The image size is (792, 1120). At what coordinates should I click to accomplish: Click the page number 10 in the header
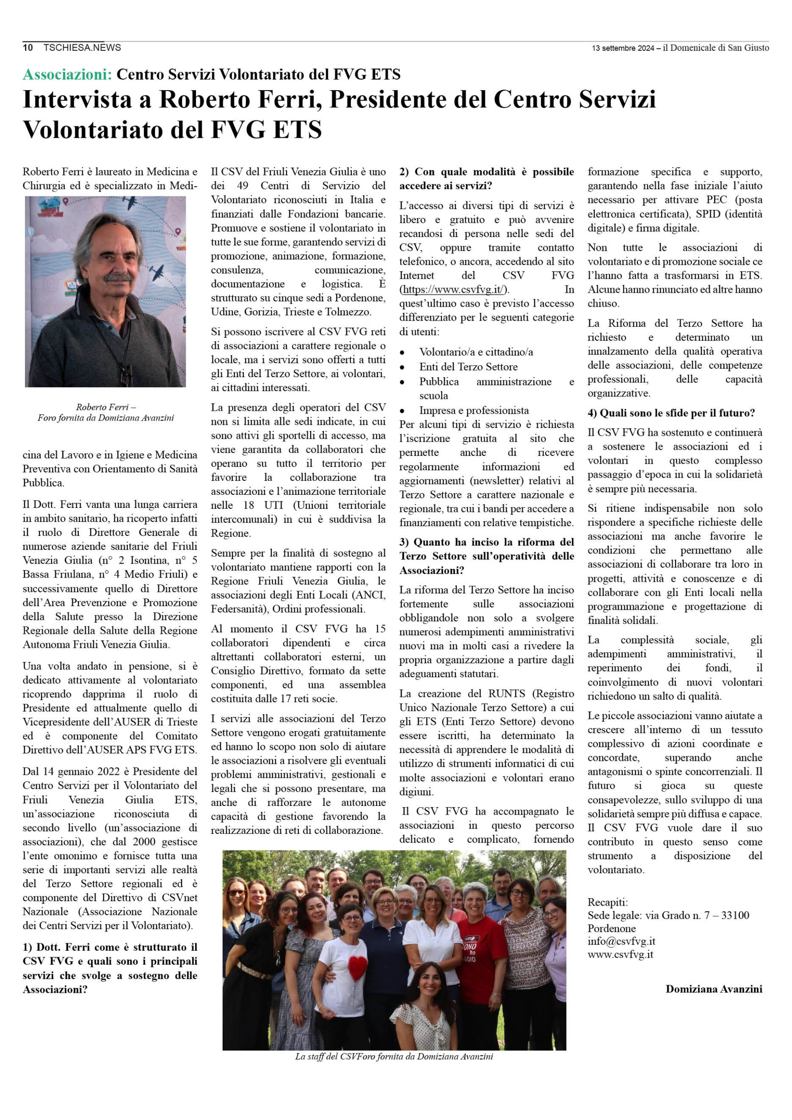click(28, 47)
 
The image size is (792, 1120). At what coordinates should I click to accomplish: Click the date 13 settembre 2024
click(623, 48)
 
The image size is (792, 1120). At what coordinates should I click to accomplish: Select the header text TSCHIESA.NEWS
click(82, 47)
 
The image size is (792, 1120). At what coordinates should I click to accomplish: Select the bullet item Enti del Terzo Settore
click(468, 366)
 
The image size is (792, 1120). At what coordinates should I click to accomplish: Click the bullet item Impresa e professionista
click(473, 410)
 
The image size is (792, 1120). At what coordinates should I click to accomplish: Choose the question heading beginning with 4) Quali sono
click(670, 413)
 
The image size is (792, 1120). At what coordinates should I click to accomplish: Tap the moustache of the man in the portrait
click(119, 277)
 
